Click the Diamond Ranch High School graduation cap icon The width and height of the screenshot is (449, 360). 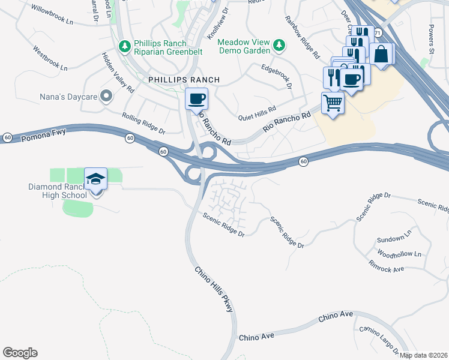click(95, 179)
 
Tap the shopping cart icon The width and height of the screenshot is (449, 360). click(332, 103)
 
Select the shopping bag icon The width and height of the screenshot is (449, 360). click(381, 54)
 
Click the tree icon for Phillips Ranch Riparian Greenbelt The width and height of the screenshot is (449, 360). click(125, 46)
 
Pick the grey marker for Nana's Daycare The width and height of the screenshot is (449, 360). click(106, 96)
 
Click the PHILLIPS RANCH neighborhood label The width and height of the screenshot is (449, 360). click(184, 80)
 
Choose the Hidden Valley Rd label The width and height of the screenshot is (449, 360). click(118, 71)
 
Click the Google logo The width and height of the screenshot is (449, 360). click(20, 352)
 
